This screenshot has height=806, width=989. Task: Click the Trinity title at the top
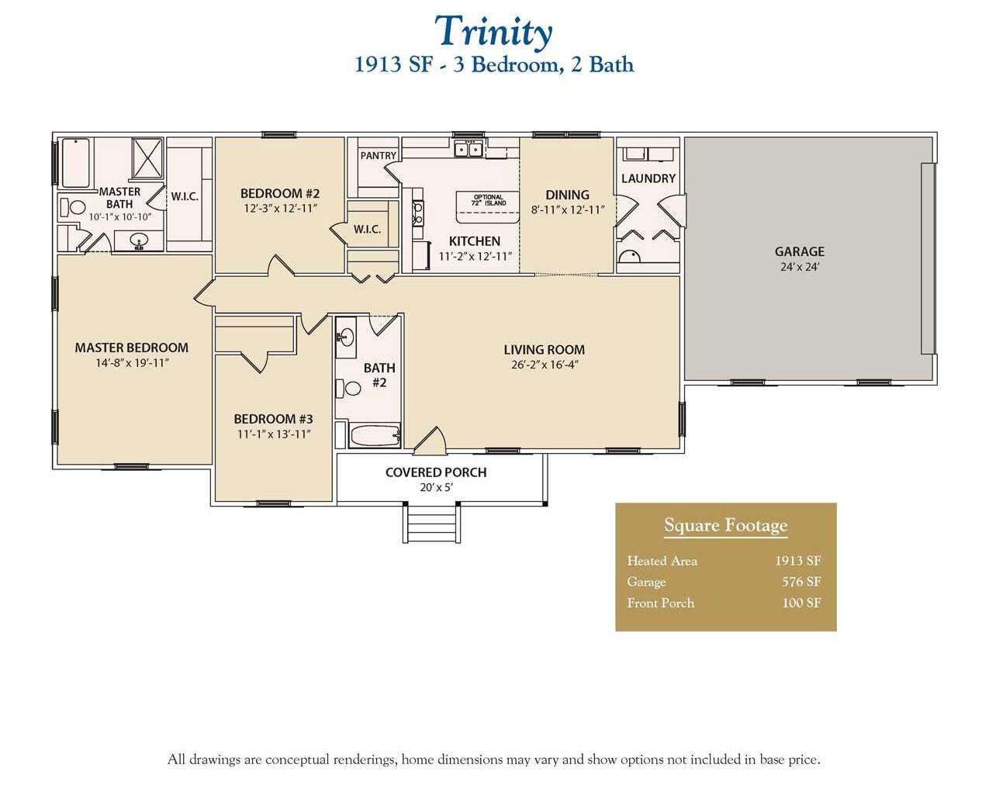(x=493, y=32)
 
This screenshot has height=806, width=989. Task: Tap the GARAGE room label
(x=799, y=251)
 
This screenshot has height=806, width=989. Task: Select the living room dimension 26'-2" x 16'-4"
(x=545, y=365)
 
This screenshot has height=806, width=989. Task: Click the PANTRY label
(x=379, y=156)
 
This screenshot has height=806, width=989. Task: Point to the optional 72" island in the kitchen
(x=489, y=201)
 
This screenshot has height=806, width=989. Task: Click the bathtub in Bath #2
(x=374, y=435)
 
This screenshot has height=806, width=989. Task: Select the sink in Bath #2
(x=346, y=337)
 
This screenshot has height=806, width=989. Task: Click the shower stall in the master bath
(x=147, y=159)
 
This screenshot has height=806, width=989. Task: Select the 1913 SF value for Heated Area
(x=797, y=561)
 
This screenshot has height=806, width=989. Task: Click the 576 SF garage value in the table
(x=801, y=582)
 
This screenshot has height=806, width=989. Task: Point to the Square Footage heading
(x=725, y=526)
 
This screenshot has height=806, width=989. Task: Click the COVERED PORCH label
(x=436, y=472)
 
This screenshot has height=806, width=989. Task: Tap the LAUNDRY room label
(x=648, y=178)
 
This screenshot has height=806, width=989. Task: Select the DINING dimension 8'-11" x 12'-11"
(x=568, y=210)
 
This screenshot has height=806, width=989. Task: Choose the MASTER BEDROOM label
(x=131, y=348)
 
